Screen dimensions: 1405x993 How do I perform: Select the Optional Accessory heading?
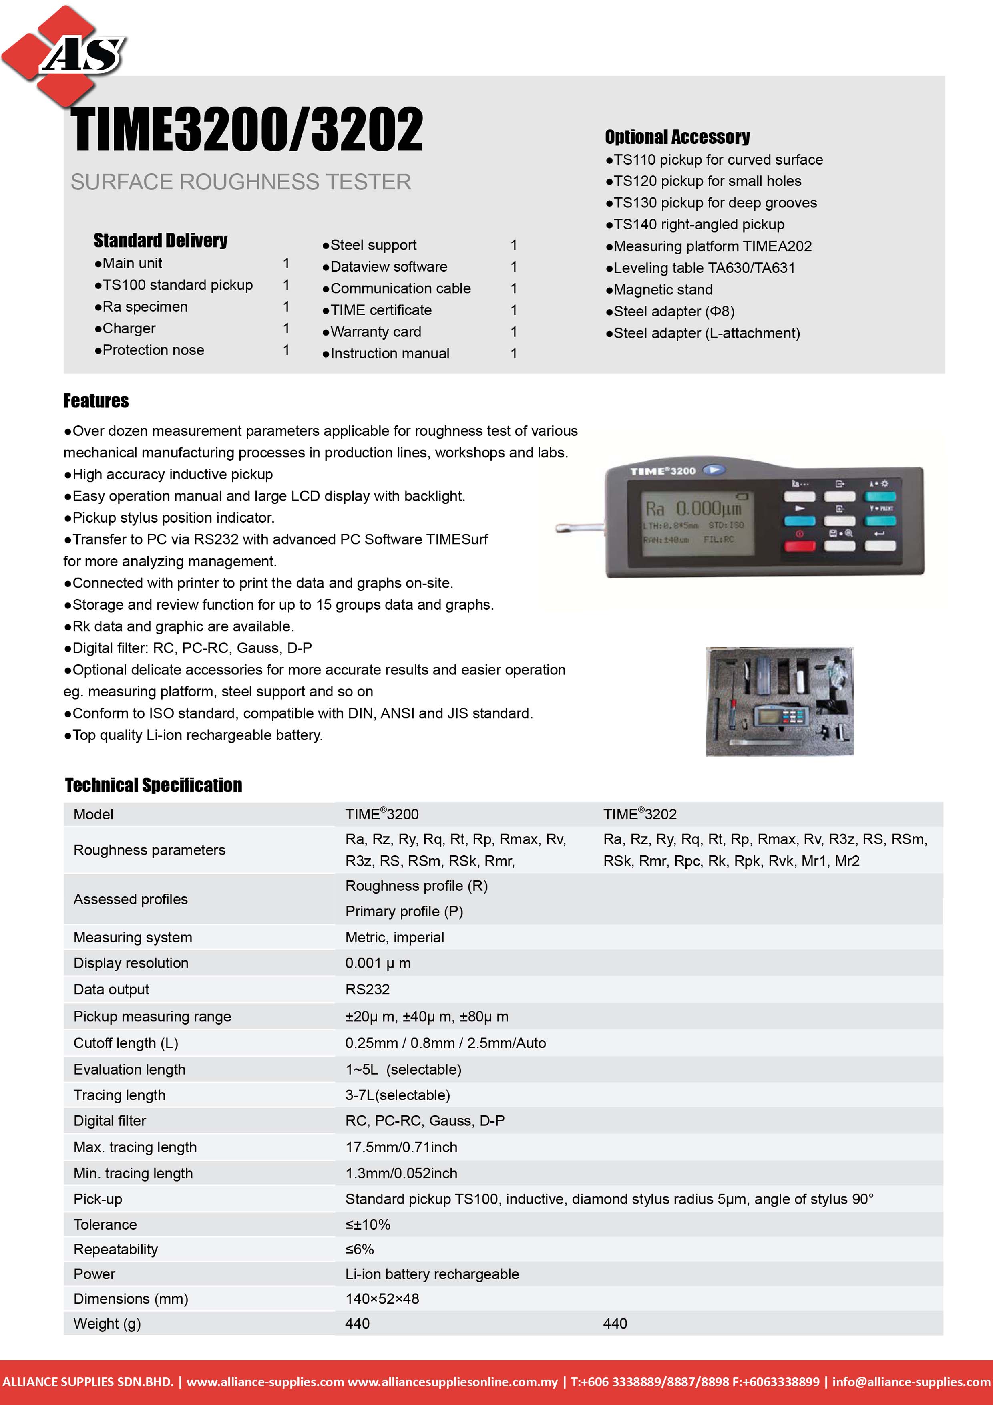[x=677, y=137]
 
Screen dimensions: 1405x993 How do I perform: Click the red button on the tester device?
[x=799, y=545]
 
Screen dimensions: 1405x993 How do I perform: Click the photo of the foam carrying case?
[x=780, y=701]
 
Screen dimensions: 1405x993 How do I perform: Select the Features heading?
[x=96, y=401]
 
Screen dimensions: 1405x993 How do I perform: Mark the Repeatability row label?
[x=116, y=1249]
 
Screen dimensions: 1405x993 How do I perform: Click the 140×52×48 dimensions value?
[x=382, y=1298]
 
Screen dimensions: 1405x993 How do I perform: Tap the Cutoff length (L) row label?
[x=125, y=1043]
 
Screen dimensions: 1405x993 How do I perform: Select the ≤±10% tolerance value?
[x=368, y=1224]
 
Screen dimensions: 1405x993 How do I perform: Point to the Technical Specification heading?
[x=154, y=785]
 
